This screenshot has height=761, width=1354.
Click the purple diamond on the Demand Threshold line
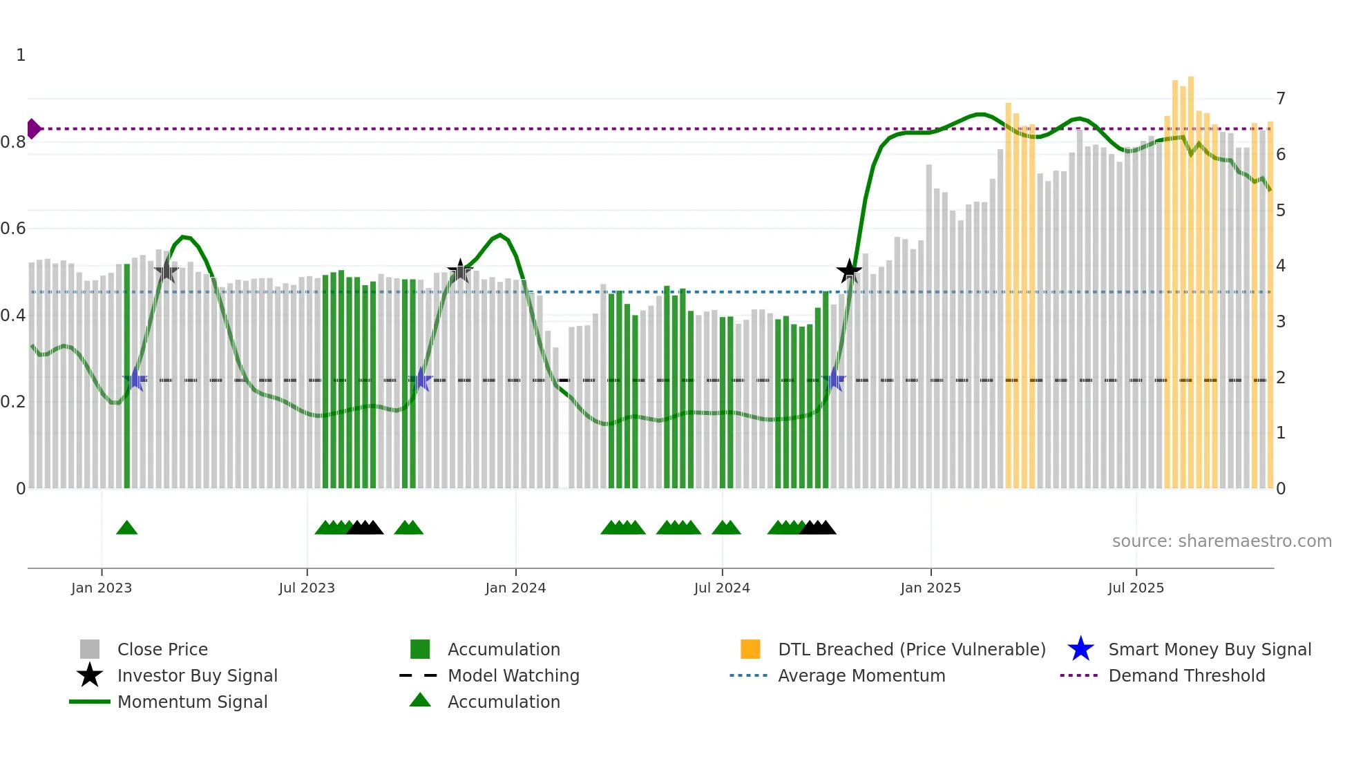pyautogui.click(x=33, y=129)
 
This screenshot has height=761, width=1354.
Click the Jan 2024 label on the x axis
pyautogui.click(x=515, y=588)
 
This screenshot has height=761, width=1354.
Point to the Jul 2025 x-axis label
pyautogui.click(x=1136, y=588)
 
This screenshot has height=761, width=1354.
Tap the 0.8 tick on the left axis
pyautogui.click(x=13, y=142)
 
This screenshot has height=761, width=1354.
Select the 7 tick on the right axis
pyautogui.click(x=1281, y=99)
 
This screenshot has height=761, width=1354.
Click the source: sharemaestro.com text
pyautogui.click(x=1221, y=541)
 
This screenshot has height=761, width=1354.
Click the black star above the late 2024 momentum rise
pyautogui.click(x=849, y=271)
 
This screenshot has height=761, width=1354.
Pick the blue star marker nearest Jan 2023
pyautogui.click(x=135, y=379)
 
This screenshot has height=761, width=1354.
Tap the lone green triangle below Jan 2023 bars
pyautogui.click(x=127, y=528)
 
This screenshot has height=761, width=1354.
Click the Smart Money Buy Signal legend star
pyautogui.click(x=1080, y=649)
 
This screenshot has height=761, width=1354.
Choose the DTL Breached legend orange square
pyautogui.click(x=750, y=649)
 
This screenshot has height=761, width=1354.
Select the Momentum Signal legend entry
pyautogui.click(x=192, y=702)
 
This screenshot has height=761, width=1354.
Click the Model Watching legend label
pyautogui.click(x=513, y=676)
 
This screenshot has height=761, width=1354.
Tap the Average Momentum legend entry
pyautogui.click(x=861, y=676)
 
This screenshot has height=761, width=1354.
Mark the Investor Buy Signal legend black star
pyautogui.click(x=90, y=675)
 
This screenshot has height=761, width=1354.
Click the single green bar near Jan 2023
pyautogui.click(x=127, y=376)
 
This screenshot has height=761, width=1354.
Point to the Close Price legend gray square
pyautogui.click(x=90, y=649)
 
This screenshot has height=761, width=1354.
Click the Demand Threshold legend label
pyautogui.click(x=1186, y=676)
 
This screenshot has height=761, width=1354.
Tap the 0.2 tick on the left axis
pyautogui.click(x=13, y=402)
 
